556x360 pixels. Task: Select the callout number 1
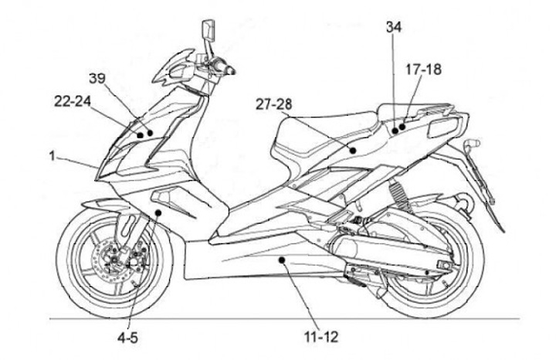point(51,155)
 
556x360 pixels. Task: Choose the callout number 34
point(394,27)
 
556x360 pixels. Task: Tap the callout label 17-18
point(423,70)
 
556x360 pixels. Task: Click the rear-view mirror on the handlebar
point(208,31)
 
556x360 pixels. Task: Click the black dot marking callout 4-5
point(158,212)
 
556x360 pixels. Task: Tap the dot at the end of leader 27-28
point(352,151)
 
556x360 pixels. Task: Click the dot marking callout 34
point(394,131)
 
